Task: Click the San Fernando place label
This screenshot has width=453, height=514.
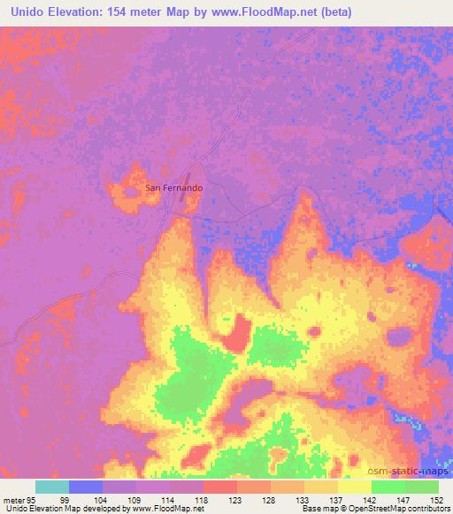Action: pos(174,188)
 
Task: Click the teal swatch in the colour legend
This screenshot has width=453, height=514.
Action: pos(52,487)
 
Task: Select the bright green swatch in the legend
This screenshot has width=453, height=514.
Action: pos(388,487)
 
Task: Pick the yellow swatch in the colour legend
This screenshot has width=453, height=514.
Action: pos(355,487)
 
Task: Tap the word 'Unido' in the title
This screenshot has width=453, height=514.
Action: pos(28,12)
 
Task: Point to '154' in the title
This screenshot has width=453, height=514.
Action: pos(129,12)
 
